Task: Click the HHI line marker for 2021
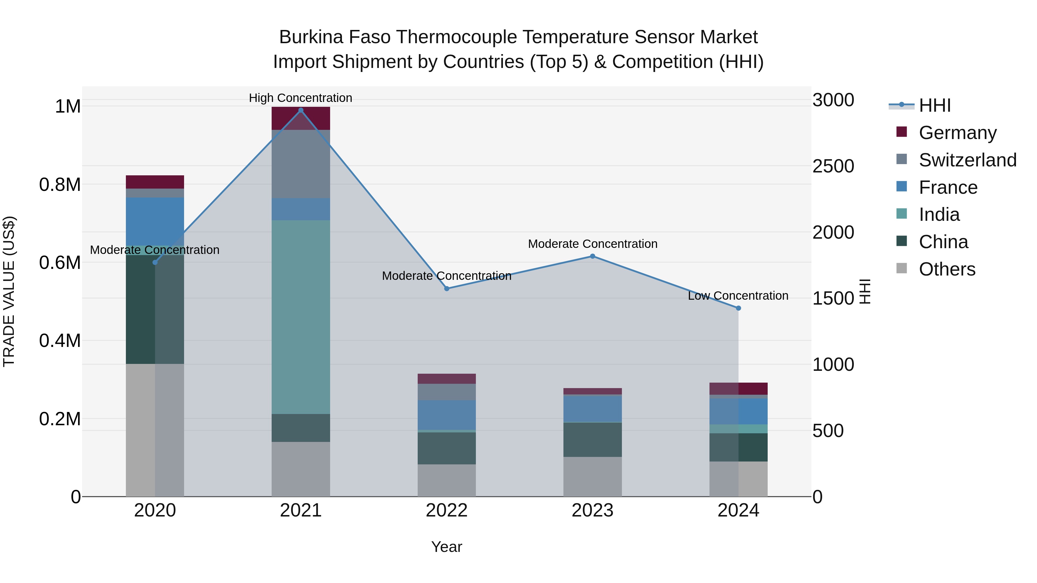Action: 300,110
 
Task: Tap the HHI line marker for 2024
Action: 738,308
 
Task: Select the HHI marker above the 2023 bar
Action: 593,256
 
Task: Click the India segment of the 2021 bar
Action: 300,317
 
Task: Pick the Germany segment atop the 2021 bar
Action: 300,118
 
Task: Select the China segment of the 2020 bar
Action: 155,309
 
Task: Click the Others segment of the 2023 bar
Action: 593,476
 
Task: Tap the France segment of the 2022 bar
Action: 446,415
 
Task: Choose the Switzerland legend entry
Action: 967,160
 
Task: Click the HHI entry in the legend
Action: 934,105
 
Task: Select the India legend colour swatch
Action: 902,214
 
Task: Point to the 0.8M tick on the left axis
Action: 60,185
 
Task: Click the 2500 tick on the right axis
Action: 833,166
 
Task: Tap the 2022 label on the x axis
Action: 446,510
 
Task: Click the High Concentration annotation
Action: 300,98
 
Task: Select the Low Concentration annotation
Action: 738,296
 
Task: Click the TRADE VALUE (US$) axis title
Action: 9,291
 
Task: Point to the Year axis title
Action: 446,547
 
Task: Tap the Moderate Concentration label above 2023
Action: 593,244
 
